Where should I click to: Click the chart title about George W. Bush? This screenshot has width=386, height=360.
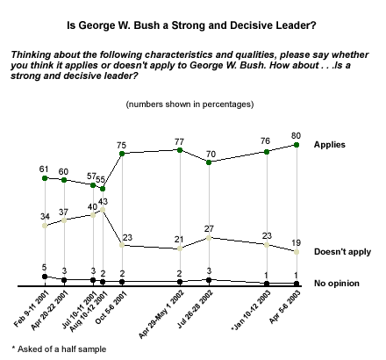click(x=191, y=25)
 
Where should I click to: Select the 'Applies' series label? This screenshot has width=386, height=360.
click(x=330, y=145)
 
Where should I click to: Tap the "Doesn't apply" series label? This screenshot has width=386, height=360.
click(x=342, y=252)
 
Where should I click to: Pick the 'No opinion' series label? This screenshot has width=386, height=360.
click(x=337, y=284)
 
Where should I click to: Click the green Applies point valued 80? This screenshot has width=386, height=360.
click(x=297, y=145)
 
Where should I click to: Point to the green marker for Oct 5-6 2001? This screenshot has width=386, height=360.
click(x=122, y=154)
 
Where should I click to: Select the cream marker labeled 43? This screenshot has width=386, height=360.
click(x=103, y=210)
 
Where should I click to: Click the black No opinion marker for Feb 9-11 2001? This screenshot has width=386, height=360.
click(x=45, y=277)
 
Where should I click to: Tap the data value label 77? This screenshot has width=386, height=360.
click(x=179, y=142)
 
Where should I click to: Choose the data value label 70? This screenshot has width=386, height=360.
click(x=211, y=154)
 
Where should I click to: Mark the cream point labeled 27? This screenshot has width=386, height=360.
click(x=209, y=238)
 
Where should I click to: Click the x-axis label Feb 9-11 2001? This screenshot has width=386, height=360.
click(x=32, y=309)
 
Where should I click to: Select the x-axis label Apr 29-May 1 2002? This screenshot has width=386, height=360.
click(x=161, y=314)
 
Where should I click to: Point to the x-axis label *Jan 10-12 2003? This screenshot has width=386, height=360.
click(x=251, y=311)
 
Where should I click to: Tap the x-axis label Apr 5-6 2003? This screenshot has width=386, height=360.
click(x=284, y=306)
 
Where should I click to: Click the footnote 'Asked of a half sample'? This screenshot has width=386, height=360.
click(x=59, y=349)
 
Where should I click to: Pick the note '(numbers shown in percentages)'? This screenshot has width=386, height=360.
click(x=189, y=104)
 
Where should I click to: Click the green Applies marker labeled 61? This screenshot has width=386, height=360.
click(x=45, y=178)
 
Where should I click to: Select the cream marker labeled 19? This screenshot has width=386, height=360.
click(x=297, y=252)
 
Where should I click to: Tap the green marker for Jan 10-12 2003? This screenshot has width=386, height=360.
click(x=267, y=152)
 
